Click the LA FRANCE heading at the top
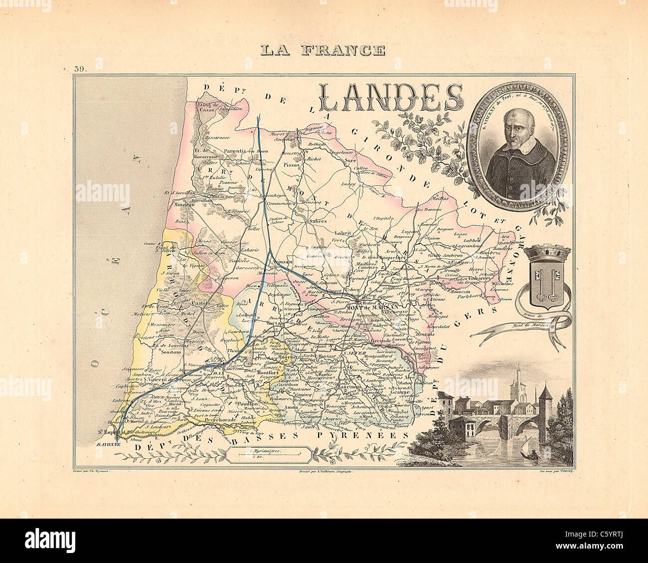[324, 50]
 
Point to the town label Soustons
[172, 352]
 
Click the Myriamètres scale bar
[269, 453]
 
